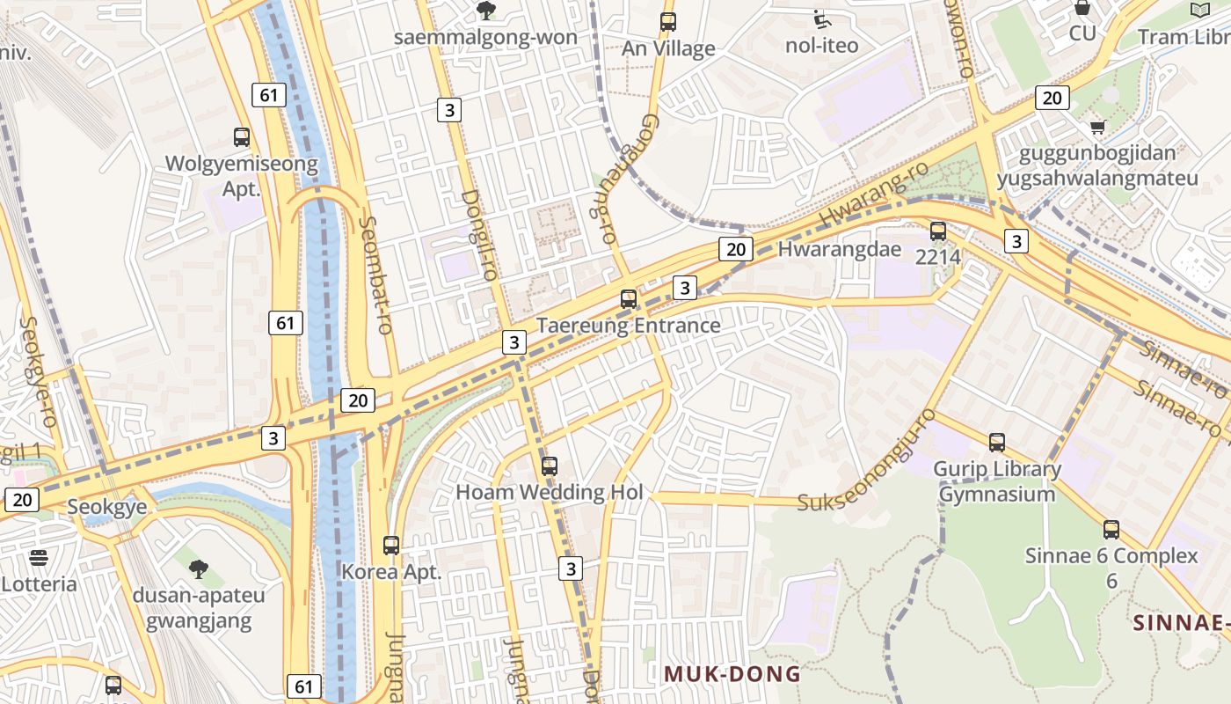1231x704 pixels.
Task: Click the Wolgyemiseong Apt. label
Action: click(x=242, y=175)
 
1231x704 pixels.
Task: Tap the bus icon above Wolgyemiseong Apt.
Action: click(x=242, y=137)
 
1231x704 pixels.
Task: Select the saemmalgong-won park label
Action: click(x=485, y=37)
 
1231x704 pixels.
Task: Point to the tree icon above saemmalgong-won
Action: click(x=485, y=11)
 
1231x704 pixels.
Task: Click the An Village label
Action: click(x=668, y=48)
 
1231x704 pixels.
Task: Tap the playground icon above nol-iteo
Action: click(x=821, y=18)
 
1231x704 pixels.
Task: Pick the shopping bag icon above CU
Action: click(x=1082, y=8)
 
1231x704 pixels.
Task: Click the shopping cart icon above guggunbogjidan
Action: click(x=1097, y=128)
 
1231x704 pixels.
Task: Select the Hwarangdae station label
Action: click(x=840, y=249)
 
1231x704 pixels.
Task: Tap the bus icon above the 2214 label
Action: click(x=938, y=231)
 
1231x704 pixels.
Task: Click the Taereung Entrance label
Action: click(x=629, y=326)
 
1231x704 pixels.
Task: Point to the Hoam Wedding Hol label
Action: click(x=550, y=492)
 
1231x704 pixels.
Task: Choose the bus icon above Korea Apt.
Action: click(x=391, y=546)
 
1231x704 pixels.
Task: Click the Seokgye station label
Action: click(x=107, y=507)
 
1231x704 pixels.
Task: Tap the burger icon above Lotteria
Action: click(x=39, y=557)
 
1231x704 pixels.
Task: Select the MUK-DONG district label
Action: click(x=732, y=675)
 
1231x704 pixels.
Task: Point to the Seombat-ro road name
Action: click(x=375, y=275)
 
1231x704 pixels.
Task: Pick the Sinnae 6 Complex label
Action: click(x=1111, y=556)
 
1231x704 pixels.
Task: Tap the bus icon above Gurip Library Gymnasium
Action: click(x=996, y=443)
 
